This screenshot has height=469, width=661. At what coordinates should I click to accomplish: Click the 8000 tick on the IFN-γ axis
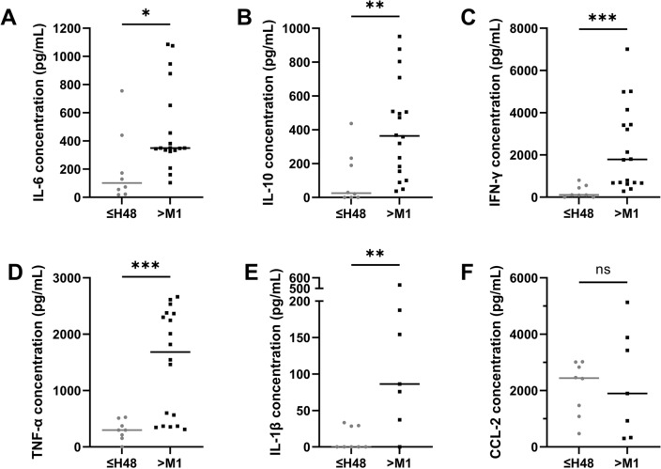click(x=524, y=28)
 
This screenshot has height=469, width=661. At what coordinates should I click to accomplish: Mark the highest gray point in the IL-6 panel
click(x=121, y=90)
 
